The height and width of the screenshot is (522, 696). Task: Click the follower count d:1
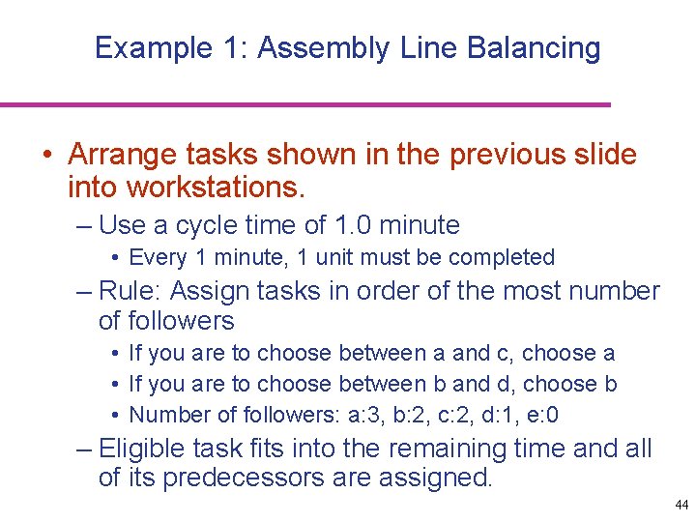pos(499,415)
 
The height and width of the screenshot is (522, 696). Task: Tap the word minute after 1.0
pos(420,226)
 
